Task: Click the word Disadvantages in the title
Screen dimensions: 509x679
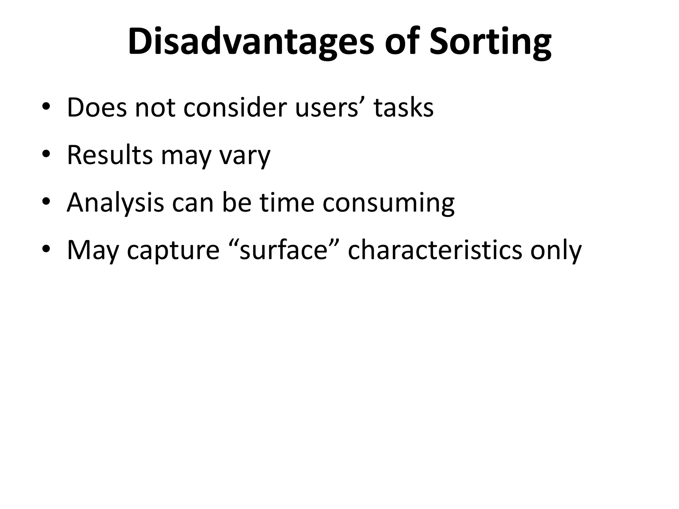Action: (x=251, y=42)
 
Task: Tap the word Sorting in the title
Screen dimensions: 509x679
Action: (x=490, y=42)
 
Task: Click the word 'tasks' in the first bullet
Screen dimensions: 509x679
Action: (x=403, y=108)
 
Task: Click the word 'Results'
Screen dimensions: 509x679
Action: (x=110, y=155)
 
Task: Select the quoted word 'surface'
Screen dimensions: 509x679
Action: (x=283, y=250)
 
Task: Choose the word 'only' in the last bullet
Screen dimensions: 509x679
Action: (x=556, y=251)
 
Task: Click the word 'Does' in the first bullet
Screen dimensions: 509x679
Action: (x=97, y=108)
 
